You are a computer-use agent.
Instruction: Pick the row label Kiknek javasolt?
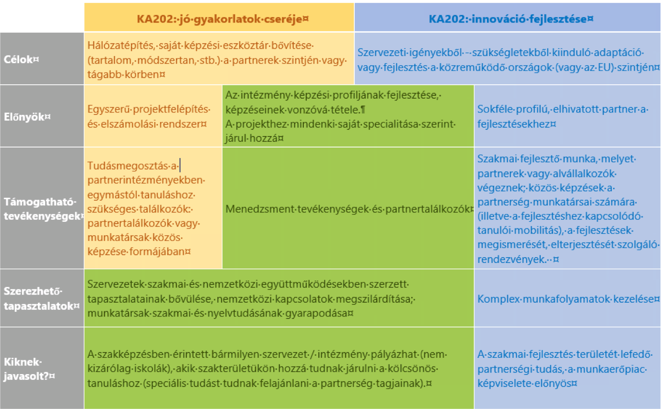tap(29, 368)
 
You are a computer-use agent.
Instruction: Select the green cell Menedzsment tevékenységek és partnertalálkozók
tap(348, 209)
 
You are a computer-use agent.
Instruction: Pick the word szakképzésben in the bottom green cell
tap(122, 355)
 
